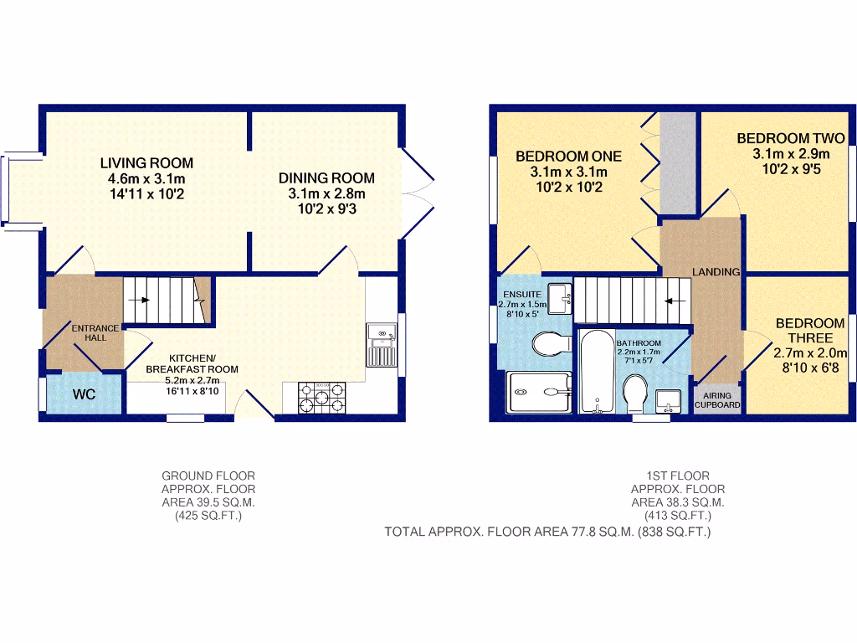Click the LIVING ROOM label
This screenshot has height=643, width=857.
pos(146,162)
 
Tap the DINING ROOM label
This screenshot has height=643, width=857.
pos(326,177)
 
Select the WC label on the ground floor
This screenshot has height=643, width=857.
pos(84,394)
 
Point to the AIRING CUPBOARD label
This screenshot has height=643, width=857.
pos(717,399)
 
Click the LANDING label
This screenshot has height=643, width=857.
pos(716,271)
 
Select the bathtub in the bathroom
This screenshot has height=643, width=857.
pos(598,371)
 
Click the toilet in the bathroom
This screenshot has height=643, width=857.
pos(635,392)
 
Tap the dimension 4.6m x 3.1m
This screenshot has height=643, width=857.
pos(146,178)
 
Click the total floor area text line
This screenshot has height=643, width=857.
pos(547,531)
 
